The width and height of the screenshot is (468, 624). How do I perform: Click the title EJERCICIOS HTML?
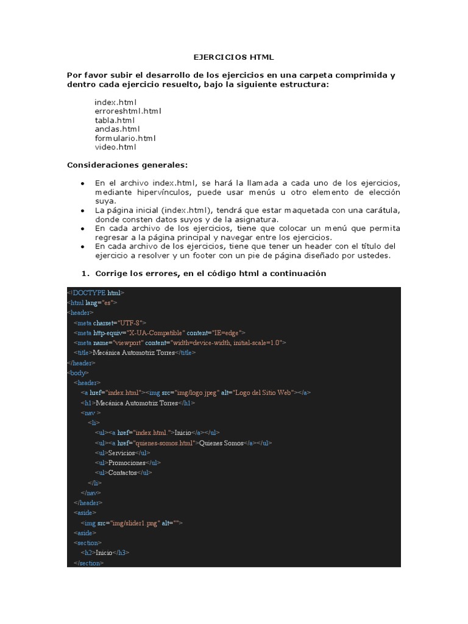pyautogui.click(x=233, y=57)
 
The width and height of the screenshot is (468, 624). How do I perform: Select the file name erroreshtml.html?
pyautogui.click(x=128, y=112)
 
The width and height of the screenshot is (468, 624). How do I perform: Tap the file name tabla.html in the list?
pyautogui.click(x=115, y=120)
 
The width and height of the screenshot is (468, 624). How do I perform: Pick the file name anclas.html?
pyautogui.click(x=117, y=129)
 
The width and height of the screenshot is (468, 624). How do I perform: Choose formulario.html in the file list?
pyautogui.click(x=125, y=138)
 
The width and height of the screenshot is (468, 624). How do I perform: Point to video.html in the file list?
pyautogui.click(x=116, y=147)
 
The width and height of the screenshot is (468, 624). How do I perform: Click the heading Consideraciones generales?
pyautogui.click(x=127, y=165)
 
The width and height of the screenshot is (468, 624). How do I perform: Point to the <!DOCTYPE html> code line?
pyautogui.click(x=96, y=292)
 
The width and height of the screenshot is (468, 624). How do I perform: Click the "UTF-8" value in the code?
pyautogui.click(x=132, y=323)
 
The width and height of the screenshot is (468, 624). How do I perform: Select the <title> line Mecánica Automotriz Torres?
pyautogui.click(x=135, y=352)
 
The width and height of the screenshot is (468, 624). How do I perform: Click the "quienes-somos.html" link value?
pyautogui.click(x=164, y=443)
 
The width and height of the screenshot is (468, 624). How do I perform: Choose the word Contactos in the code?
pyautogui.click(x=122, y=472)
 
